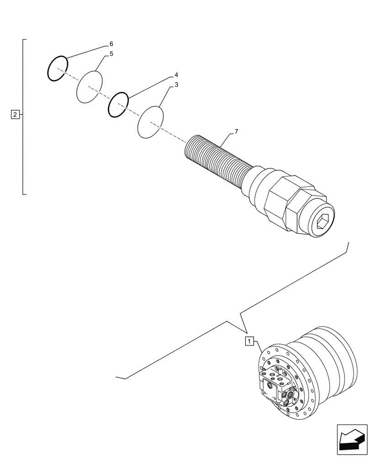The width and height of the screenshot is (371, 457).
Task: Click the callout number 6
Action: pos(111,44)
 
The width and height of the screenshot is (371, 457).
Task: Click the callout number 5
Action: pos(111,54)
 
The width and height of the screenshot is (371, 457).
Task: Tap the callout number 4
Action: pos(176,74)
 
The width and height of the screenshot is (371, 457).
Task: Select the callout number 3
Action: pos(176,85)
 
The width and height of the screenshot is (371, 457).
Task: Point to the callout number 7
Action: pos(236,132)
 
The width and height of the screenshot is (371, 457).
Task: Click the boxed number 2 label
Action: pos(15,115)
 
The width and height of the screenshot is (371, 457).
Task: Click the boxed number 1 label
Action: pos(249,340)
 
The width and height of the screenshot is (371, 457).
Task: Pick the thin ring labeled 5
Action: pos(89,87)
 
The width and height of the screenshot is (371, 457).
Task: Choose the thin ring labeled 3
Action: pos(151,122)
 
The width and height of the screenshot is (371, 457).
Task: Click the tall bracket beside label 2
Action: pos(23,117)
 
